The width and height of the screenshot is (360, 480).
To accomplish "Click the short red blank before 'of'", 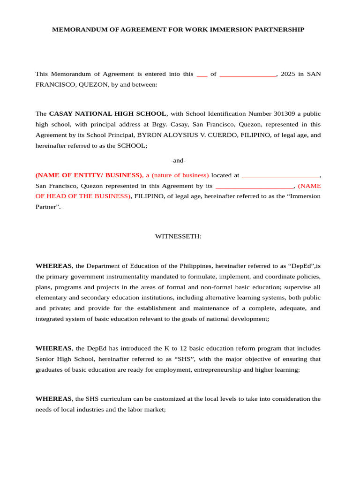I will click(202, 75).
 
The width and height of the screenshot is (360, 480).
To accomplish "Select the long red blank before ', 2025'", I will click(247, 75).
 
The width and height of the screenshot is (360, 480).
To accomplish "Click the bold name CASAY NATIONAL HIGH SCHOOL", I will click(107, 114).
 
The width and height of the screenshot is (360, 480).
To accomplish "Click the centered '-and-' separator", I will click(178, 160).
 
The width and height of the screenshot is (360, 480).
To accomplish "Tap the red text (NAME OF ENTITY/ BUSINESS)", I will click(89, 175).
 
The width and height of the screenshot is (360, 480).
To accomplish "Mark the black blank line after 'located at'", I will click(280, 176).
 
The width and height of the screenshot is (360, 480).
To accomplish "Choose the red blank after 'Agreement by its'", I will click(255, 186).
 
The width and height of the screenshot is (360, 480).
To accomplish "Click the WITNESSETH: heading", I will click(178, 236).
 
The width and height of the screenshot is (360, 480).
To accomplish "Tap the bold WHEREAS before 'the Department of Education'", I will click(53, 266).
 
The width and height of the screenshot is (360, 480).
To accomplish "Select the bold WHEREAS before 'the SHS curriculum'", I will click(53, 399).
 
